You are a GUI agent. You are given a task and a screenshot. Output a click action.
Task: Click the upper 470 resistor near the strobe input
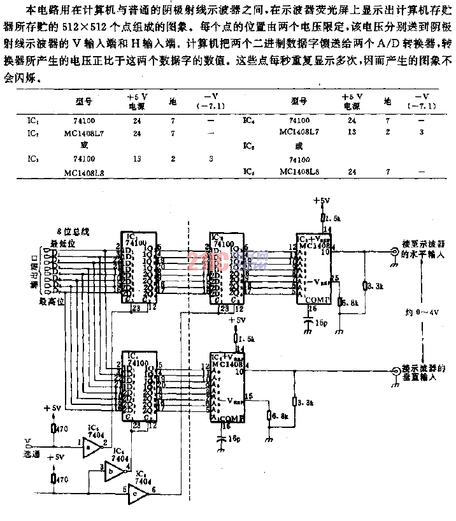[53, 429]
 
